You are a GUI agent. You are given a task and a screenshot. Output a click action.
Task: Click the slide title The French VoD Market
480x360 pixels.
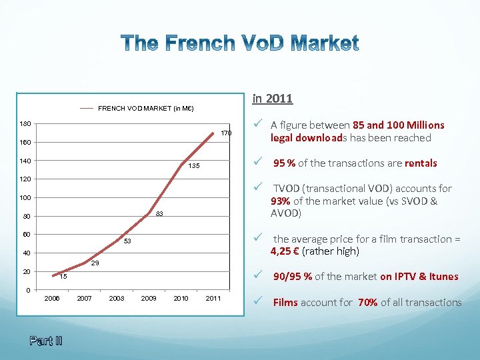(x=240, y=44)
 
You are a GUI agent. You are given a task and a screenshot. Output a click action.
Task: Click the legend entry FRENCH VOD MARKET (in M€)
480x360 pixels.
(x=145, y=108)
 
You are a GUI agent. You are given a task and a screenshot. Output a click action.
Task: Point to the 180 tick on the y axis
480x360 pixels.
(x=24, y=124)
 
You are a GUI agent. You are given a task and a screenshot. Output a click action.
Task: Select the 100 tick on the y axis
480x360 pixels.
(x=24, y=198)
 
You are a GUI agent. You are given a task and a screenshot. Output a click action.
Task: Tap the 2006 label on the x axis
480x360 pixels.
(x=53, y=298)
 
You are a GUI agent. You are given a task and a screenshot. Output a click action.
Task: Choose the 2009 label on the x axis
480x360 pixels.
(x=149, y=298)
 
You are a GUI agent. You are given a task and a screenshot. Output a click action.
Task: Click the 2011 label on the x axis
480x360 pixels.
(x=213, y=298)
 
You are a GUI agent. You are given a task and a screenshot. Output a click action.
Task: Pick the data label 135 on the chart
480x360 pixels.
(x=194, y=166)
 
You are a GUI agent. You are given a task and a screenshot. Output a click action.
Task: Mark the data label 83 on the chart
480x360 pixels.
(x=160, y=214)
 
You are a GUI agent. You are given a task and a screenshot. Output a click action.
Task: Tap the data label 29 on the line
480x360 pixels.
(x=95, y=264)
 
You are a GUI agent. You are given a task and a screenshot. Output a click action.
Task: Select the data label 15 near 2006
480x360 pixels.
(x=63, y=276)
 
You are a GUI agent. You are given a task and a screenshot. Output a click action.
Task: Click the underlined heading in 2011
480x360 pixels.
(x=272, y=99)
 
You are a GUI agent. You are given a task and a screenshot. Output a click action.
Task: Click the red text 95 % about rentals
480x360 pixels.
(x=286, y=163)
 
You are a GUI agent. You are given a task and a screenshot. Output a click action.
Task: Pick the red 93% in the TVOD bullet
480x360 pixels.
(x=280, y=201)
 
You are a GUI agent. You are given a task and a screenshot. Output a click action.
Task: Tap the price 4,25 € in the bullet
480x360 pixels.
(x=284, y=251)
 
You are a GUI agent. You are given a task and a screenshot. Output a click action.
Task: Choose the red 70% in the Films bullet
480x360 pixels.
(x=367, y=303)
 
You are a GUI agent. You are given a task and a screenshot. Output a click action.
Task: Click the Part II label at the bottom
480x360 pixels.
(x=46, y=341)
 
